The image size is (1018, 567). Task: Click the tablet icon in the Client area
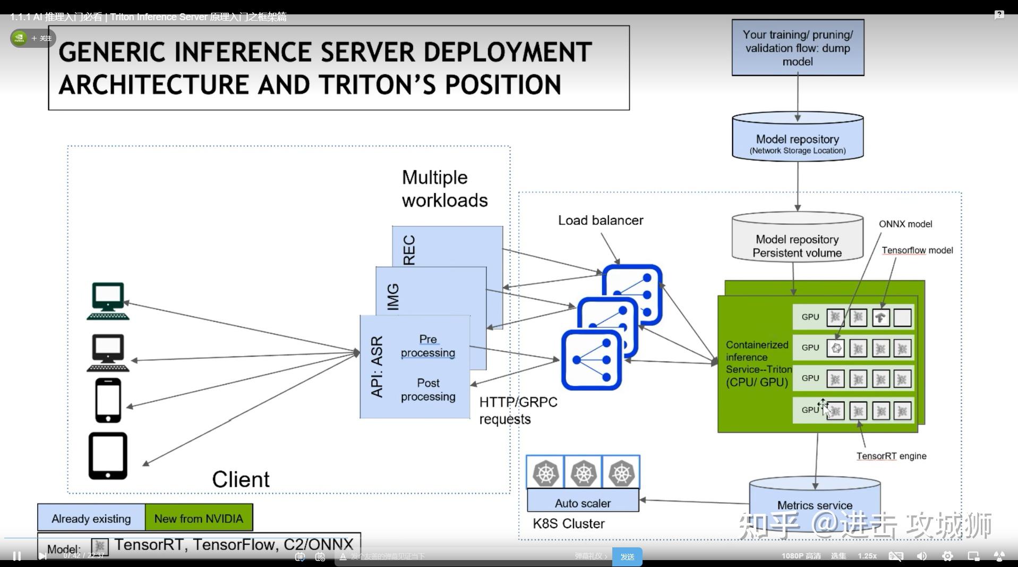[108, 456]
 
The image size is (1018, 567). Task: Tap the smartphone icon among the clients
[108, 400]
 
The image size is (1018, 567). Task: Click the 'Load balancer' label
[600, 220]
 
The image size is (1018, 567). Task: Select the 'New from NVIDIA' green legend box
[199, 518]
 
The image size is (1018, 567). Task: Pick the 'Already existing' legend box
[91, 518]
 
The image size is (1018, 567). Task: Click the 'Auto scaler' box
[583, 502]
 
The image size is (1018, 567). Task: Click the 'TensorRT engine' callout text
[891, 456]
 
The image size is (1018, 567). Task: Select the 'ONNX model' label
[905, 224]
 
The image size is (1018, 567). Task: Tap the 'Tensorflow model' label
[917, 250]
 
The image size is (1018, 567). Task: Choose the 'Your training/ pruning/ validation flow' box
[798, 48]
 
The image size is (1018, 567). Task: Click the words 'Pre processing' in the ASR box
[428, 346]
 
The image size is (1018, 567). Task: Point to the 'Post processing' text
[428, 390]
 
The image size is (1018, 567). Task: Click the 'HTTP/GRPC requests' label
[518, 410]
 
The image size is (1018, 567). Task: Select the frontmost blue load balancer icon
[591, 360]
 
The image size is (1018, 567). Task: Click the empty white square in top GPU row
[902, 318]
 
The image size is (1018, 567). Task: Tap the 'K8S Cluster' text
[568, 523]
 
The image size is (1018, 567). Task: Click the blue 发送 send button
[627, 556]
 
